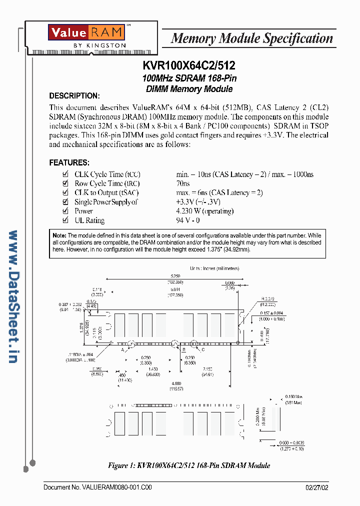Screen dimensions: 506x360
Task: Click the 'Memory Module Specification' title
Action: pyautogui.click(x=251, y=38)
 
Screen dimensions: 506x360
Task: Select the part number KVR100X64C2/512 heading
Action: pyautogui.click(x=188, y=65)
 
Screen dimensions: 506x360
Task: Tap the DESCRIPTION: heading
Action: pyautogui.click(x=74, y=96)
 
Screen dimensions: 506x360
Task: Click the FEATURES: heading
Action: pyautogui.click(x=69, y=162)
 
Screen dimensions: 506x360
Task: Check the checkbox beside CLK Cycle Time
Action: pyautogui.click(x=64, y=174)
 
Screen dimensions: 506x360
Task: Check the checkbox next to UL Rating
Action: pyautogui.click(x=64, y=220)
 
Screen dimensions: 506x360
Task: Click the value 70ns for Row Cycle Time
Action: pyautogui.click(x=183, y=183)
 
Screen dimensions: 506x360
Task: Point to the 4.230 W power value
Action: pyautogui.click(x=204, y=211)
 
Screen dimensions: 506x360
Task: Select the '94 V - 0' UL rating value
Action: pyautogui.click(x=188, y=220)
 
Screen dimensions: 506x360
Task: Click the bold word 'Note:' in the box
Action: pyautogui.click(x=59, y=235)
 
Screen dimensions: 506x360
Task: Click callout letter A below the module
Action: pyautogui.click(x=122, y=350)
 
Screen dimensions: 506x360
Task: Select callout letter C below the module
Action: pyautogui.click(x=203, y=350)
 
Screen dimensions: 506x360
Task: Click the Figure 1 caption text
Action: pyautogui.click(x=189, y=465)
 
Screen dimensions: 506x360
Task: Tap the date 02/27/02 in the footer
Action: pyautogui.click(x=317, y=487)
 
